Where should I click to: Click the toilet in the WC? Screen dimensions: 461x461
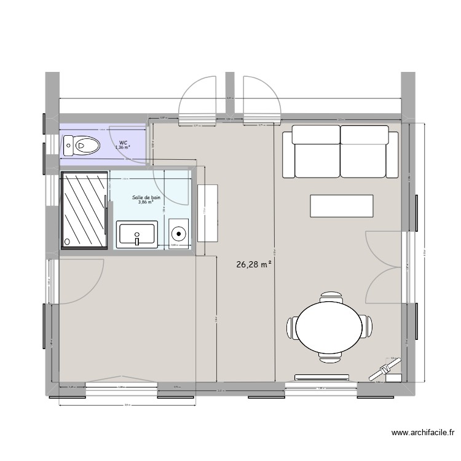click(x=82, y=146)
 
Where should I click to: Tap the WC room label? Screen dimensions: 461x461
click(x=124, y=143)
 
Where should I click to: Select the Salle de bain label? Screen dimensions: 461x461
click(x=146, y=197)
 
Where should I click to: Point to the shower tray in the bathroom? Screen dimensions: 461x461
click(x=85, y=210)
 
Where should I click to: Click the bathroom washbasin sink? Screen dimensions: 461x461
click(x=136, y=234)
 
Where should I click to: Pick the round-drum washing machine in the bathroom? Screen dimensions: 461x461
click(x=178, y=234)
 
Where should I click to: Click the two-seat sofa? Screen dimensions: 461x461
click(x=340, y=151)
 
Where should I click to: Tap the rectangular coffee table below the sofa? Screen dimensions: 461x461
click(x=342, y=205)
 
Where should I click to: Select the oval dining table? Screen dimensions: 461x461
click(x=331, y=326)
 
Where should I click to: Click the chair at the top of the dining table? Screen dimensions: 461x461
click(x=331, y=296)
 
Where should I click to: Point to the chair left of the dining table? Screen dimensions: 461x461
click(x=292, y=326)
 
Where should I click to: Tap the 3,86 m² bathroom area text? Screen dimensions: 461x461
click(x=146, y=202)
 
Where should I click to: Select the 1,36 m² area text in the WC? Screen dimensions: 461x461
click(x=123, y=148)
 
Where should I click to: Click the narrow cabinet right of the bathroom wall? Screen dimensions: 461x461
click(x=208, y=212)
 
